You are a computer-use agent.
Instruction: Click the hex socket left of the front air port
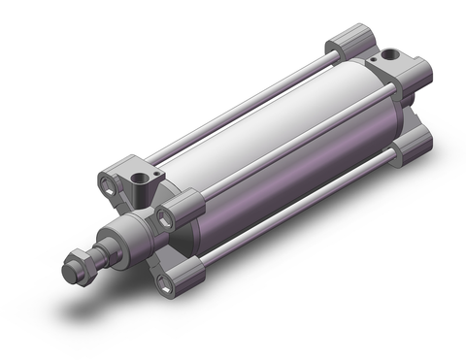point(106,180)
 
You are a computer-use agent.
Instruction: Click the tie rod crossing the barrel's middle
point(291,155)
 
